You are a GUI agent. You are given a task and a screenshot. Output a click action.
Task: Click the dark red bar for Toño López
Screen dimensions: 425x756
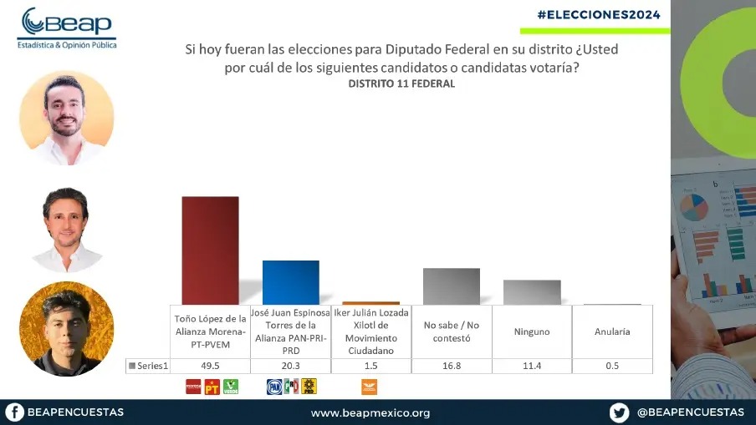click(210, 250)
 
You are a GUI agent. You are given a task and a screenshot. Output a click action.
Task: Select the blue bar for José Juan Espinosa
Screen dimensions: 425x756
click(290, 283)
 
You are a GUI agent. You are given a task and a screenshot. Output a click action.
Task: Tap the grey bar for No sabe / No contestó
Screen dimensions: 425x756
click(451, 286)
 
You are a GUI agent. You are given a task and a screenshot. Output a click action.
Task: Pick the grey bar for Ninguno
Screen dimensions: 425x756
click(532, 292)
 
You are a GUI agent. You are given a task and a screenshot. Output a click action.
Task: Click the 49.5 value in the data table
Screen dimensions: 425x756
click(210, 366)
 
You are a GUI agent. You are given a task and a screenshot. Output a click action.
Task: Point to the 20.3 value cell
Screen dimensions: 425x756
click(290, 366)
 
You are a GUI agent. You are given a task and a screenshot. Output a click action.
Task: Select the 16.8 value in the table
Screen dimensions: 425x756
click(452, 366)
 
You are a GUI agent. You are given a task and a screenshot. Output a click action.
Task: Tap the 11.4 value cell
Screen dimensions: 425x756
click(532, 366)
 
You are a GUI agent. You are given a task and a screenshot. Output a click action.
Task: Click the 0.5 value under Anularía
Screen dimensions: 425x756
click(612, 366)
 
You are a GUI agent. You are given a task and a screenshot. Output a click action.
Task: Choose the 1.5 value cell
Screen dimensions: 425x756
click(370, 366)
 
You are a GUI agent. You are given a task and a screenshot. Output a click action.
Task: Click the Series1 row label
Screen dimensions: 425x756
click(149, 366)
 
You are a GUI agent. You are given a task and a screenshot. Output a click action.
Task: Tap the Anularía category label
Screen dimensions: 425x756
click(612, 331)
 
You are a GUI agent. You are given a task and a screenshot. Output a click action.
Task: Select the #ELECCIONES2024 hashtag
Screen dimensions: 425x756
click(599, 15)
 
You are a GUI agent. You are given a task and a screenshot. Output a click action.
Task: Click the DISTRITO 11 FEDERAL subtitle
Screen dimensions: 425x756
click(401, 84)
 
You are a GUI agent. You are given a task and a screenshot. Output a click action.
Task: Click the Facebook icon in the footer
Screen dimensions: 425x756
click(13, 412)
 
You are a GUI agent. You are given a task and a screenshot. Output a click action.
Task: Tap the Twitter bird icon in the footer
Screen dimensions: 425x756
click(619, 412)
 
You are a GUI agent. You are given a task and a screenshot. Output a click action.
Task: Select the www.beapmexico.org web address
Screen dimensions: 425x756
click(370, 412)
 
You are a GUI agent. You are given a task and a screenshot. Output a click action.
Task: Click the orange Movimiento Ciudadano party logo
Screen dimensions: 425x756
click(369, 387)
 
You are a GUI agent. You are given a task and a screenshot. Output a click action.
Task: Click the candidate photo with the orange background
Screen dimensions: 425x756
click(66, 329)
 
